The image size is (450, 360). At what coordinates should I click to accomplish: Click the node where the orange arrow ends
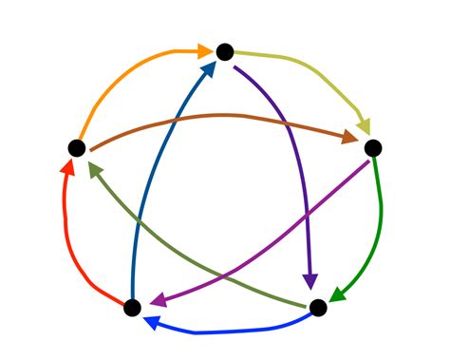(225, 51)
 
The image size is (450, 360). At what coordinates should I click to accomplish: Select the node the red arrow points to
(77, 147)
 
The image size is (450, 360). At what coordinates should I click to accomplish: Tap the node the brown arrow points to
(372, 147)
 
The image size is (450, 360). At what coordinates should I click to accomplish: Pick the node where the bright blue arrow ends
(133, 308)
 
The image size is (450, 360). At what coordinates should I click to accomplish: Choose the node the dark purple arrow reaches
(318, 307)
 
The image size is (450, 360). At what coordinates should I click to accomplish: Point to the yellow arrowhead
(363, 126)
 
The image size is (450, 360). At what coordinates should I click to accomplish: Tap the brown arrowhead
(348, 139)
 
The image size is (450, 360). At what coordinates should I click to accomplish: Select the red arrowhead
(67, 170)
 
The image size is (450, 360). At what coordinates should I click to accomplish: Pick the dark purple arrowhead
(310, 280)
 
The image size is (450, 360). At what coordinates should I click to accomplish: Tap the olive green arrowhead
(95, 169)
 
